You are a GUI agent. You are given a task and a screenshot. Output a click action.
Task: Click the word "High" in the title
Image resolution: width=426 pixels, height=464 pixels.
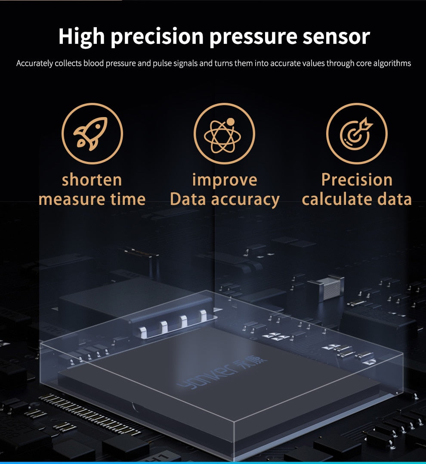[81, 37]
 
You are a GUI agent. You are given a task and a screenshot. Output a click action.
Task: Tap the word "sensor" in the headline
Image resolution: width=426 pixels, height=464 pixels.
[336, 37]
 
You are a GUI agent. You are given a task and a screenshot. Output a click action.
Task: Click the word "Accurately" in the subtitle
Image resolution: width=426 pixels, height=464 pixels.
[35, 64]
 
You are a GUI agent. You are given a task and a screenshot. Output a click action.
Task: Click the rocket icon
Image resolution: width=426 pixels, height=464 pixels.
[92, 133]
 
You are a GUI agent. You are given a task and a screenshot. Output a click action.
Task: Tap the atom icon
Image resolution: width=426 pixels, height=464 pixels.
[224, 134]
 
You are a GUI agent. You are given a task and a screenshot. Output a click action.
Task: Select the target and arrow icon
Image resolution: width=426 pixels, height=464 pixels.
[356, 133]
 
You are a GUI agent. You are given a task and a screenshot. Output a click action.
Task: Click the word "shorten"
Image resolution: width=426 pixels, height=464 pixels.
[92, 180]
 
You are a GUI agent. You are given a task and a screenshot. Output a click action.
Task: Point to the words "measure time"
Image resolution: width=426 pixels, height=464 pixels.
[92, 199]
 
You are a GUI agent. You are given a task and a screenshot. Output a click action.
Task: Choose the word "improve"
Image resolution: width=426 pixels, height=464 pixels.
[224, 180]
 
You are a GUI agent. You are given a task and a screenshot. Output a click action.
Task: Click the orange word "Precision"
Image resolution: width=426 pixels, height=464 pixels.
[357, 180]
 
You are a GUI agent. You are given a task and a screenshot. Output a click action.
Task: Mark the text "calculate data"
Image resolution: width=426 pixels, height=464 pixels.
[357, 199]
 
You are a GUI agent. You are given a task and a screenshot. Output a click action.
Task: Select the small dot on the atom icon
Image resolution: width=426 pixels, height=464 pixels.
[231, 122]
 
